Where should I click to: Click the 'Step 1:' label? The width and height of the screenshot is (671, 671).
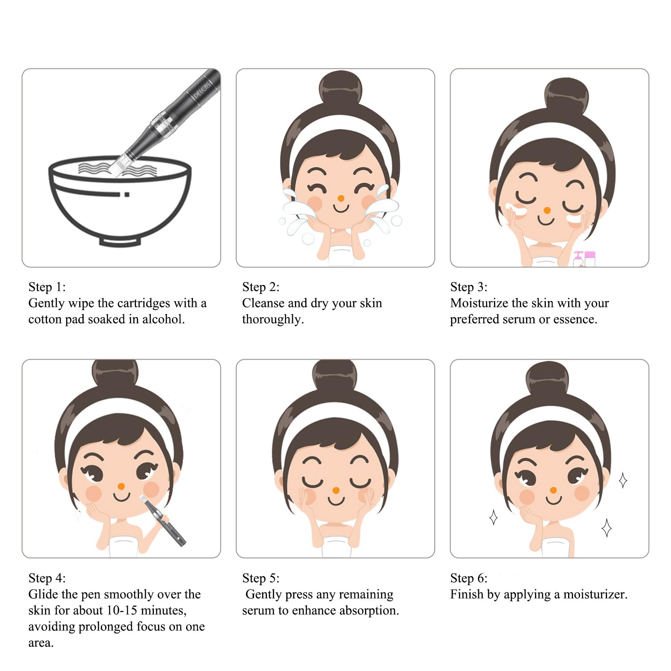47,287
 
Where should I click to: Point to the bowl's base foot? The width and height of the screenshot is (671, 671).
120,242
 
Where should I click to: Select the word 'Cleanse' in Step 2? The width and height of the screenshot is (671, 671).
263,303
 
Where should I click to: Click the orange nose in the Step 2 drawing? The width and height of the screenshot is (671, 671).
341,198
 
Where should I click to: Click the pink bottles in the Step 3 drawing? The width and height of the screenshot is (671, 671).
585,259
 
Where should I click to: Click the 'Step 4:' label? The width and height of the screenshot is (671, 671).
47,578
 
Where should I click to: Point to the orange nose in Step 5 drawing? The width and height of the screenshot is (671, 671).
336,491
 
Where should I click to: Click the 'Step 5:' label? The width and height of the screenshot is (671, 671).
261,578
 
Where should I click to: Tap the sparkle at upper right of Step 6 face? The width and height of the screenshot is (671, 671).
623,480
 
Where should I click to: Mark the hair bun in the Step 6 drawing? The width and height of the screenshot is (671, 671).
548,380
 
